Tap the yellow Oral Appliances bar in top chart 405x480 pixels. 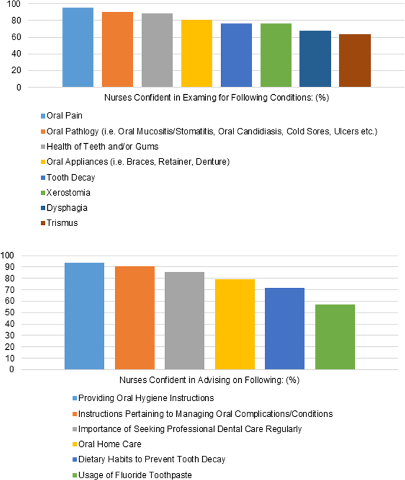click(197, 54)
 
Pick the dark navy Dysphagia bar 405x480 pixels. click(315, 59)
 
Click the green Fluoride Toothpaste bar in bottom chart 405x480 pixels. click(335, 337)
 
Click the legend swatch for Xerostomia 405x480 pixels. click(43, 192)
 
